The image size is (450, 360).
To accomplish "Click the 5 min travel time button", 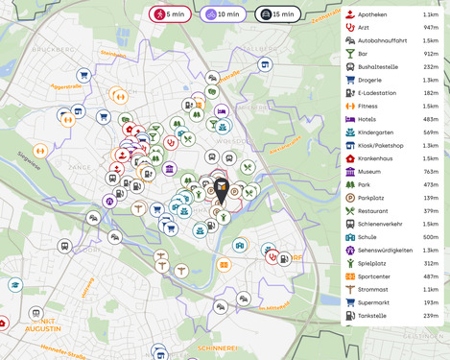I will point(171,14).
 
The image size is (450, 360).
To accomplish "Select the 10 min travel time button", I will point(222,14).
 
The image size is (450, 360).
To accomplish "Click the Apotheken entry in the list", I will point(372,15).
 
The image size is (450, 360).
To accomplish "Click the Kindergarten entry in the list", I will point(377,132).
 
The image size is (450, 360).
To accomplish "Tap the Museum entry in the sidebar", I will point(370,171).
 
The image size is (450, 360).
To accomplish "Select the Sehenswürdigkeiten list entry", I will point(385,250).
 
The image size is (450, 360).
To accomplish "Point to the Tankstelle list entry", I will point(373,315).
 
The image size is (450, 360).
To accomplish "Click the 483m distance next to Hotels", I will point(430,119).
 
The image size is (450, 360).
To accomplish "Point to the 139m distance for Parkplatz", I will point(430,197).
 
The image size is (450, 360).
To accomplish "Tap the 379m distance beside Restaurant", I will point(430,210).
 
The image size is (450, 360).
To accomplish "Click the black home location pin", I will point(222,189).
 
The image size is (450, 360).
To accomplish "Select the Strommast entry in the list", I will point(373,289).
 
